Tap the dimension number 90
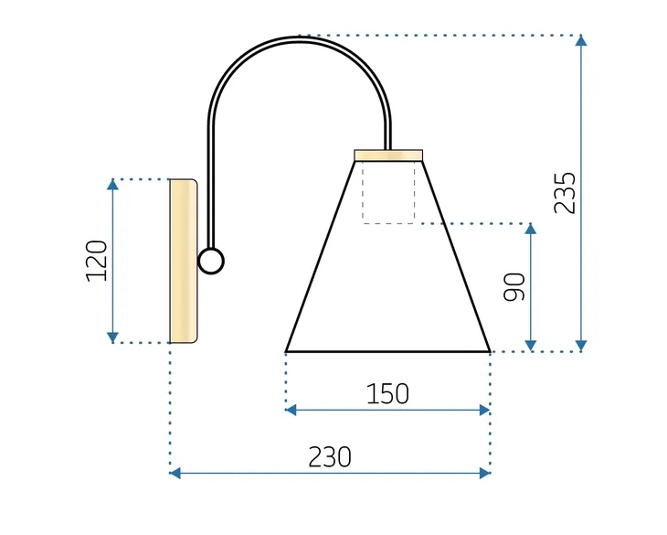coord(514,287)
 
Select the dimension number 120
coord(97,261)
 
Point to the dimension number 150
coord(387,394)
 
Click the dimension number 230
coord(330,456)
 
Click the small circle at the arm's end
coord(211,262)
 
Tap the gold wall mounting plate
coord(183,262)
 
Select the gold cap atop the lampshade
coord(388,155)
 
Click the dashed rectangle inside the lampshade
coord(388,192)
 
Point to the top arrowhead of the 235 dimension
coord(581,41)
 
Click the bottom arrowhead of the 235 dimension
coord(581,345)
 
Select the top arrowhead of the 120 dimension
coord(112,185)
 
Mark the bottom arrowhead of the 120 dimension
coord(112,337)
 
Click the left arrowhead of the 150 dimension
coord(291,411)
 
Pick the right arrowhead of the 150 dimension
coord(484,411)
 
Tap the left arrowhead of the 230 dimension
coord(176,473)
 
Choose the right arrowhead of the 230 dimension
coord(484,473)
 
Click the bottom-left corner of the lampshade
coord(287,350)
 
